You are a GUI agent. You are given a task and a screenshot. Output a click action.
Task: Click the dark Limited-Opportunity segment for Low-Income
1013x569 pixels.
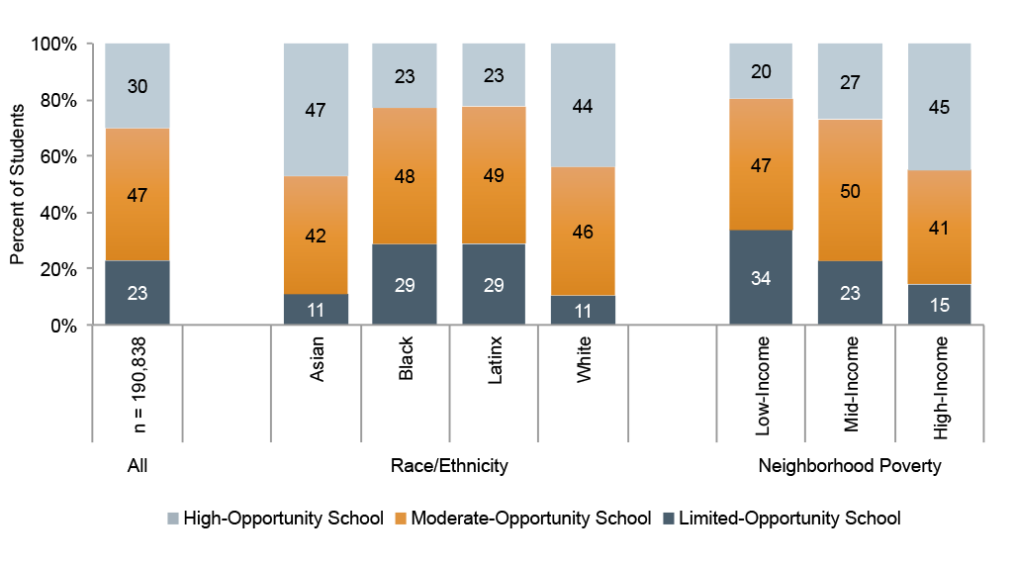coord(761,277)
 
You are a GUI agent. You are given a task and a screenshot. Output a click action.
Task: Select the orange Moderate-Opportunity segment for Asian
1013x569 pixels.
coord(316,236)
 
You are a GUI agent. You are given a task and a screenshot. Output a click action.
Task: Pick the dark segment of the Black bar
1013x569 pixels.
coord(405,285)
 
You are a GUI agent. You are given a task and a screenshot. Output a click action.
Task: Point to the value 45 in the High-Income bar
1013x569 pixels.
coord(939,107)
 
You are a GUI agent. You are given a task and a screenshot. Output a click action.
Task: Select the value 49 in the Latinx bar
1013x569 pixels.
coord(494,176)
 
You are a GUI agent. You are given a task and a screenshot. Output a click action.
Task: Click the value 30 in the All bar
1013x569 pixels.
coord(138,86)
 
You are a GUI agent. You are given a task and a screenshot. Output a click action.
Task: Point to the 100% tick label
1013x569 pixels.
coord(55,44)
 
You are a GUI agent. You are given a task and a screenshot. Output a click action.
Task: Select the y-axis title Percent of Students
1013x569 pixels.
coord(17,184)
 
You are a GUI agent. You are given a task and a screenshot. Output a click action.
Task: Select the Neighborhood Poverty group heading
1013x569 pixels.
coord(850,465)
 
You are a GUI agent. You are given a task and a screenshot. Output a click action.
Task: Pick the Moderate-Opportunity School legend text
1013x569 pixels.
coord(529,519)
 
